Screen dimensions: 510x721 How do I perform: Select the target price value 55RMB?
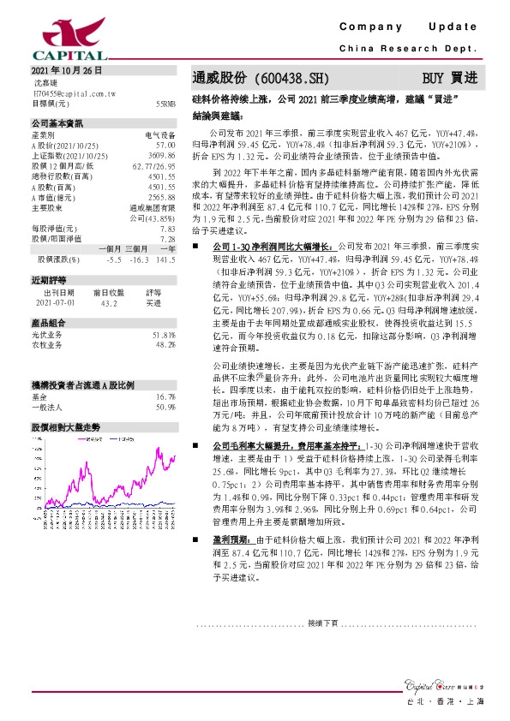(x=165, y=103)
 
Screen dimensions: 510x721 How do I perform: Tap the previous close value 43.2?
(x=110, y=302)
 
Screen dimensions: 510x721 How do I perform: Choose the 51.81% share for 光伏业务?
(x=164, y=335)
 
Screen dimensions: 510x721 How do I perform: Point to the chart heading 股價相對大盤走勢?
(x=66, y=426)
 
